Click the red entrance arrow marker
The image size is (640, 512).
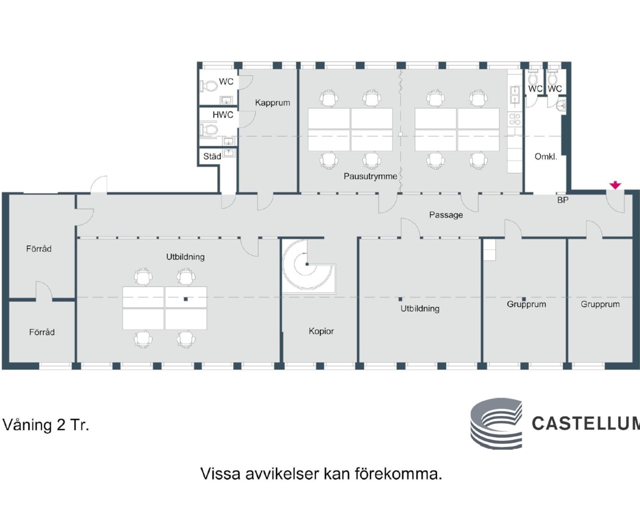[615, 185]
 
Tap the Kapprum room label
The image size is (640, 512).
[272, 102]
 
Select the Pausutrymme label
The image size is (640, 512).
[370, 176]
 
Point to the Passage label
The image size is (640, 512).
[446, 215]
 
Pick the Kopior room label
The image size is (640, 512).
[321, 331]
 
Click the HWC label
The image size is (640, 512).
[222, 115]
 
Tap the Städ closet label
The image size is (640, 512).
[212, 156]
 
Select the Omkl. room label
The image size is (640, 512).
[545, 156]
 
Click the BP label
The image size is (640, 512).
[562, 200]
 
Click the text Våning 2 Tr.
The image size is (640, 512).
[46, 425]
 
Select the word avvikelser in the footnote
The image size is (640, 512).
[282, 473]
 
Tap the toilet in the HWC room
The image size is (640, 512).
[209, 130]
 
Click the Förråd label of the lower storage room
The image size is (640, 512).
[41, 332]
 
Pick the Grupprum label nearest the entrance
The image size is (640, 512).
[600, 304]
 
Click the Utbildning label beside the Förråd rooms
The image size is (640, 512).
[185, 257]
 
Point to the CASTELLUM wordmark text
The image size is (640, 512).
[585, 423]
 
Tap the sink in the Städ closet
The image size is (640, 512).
[229, 152]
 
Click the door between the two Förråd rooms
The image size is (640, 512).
[43, 292]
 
